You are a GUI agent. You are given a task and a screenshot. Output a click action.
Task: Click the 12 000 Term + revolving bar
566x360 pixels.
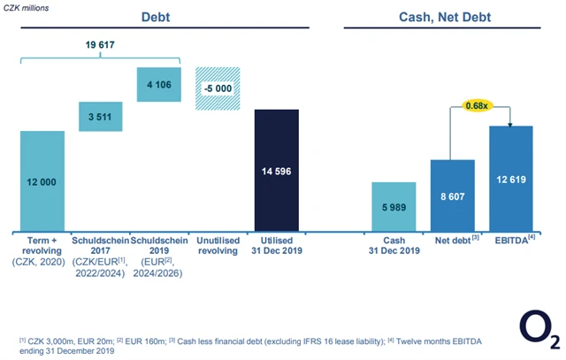42,180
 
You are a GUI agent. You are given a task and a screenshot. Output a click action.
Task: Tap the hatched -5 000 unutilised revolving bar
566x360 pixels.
217,88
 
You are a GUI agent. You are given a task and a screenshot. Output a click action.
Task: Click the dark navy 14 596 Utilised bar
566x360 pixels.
277,169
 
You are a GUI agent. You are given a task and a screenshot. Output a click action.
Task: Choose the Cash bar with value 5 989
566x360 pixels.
394,206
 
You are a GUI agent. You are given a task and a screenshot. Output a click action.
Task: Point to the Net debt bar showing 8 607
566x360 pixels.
452,195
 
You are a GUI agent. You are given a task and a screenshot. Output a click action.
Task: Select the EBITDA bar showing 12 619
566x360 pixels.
510,178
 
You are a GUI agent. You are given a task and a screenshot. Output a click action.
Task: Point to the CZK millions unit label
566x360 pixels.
27,6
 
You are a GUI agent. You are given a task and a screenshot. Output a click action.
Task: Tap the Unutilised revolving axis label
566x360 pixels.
216,245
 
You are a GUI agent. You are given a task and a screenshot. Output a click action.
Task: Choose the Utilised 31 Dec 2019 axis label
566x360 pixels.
277,245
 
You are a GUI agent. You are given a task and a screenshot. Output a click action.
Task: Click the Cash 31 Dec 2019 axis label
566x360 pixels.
394,245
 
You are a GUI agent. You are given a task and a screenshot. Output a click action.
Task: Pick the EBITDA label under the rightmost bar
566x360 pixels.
509,240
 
